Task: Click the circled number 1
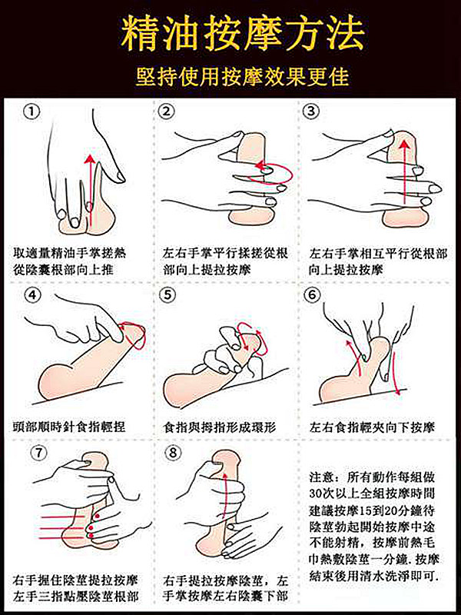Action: point(32,112)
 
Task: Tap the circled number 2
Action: point(166,111)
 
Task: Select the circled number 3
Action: point(311,111)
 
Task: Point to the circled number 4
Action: point(32,295)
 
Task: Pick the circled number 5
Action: point(167,295)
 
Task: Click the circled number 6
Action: point(312,295)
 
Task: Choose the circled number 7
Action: point(38,453)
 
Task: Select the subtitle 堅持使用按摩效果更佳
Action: point(242,75)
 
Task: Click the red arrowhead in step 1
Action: point(90,159)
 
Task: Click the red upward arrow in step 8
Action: point(224,496)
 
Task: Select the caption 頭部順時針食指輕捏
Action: point(69,427)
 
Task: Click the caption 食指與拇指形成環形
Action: point(220,427)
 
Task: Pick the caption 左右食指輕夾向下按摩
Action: point(372,427)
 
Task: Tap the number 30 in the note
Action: point(316,493)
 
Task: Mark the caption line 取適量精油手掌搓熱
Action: point(69,253)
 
